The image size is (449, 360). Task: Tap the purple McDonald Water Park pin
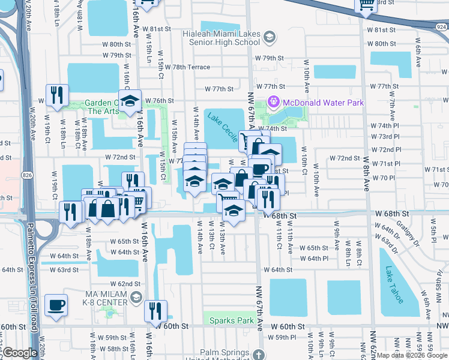274,103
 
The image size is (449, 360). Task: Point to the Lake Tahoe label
399,284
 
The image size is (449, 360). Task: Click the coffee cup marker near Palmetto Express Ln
56,305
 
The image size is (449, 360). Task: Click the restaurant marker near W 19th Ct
57,95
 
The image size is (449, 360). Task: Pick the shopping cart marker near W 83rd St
366,6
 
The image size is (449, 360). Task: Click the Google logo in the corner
20,353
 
